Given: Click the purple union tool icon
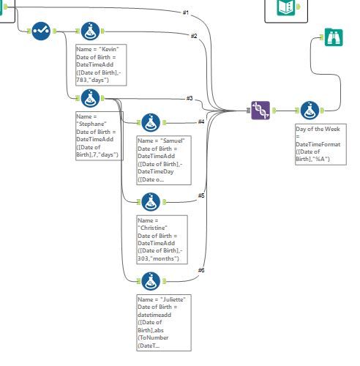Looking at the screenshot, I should (x=260, y=111).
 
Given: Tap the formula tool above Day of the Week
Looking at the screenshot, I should (x=308, y=111).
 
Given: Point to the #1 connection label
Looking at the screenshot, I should (x=187, y=12).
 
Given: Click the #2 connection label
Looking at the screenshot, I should (x=194, y=36).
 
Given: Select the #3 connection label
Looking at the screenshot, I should (x=189, y=98).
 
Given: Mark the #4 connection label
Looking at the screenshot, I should (x=201, y=122).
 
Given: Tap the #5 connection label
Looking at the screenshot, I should (x=201, y=195).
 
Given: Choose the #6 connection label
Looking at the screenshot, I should (x=201, y=271).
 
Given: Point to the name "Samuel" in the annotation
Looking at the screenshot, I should (x=173, y=140).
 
